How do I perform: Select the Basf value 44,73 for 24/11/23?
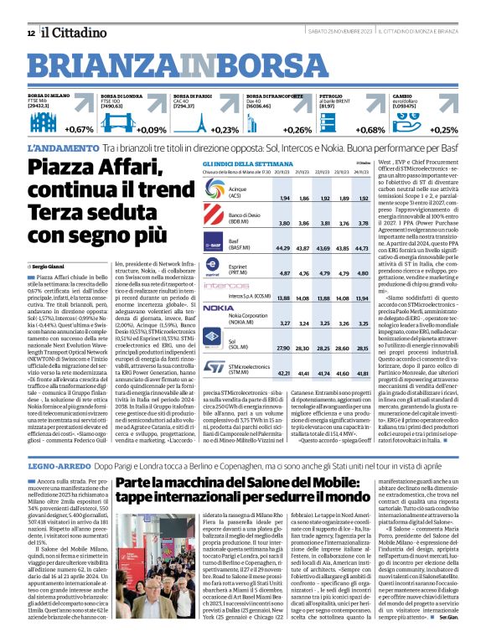(363, 248)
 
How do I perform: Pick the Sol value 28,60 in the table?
(340, 347)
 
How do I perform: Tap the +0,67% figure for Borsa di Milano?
(79, 130)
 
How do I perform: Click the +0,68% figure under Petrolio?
(370, 130)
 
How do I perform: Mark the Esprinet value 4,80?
(340, 272)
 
